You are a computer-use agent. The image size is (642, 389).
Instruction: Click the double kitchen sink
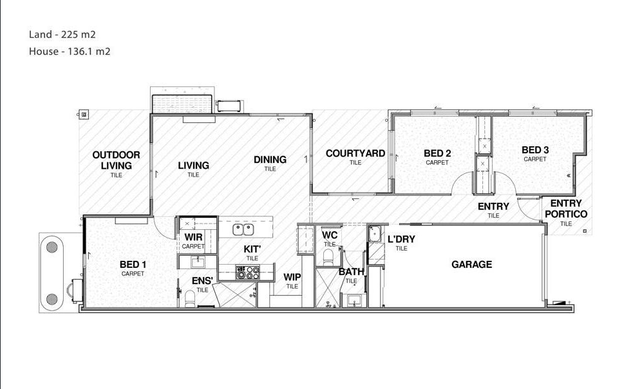243,230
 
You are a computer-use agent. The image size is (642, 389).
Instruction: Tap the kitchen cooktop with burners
247,272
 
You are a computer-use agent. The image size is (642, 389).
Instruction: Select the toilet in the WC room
328,257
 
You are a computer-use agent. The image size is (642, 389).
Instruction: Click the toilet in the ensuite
191,298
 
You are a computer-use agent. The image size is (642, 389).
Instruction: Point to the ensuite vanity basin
198,261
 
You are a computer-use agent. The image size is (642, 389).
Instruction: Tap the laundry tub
374,234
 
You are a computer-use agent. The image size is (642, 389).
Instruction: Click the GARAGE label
471,265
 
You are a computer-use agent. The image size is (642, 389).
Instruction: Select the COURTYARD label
355,153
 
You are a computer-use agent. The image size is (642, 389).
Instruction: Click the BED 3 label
535,150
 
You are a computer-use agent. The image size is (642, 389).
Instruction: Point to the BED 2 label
437,153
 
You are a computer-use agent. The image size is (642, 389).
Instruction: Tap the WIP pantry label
292,277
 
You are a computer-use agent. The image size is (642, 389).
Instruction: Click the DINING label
270,160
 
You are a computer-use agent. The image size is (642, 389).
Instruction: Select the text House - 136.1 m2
70,52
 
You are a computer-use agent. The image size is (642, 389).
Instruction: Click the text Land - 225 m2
62,34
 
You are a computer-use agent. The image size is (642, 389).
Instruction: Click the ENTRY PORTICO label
566,209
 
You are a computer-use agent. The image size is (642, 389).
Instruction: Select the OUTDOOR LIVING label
117,160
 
